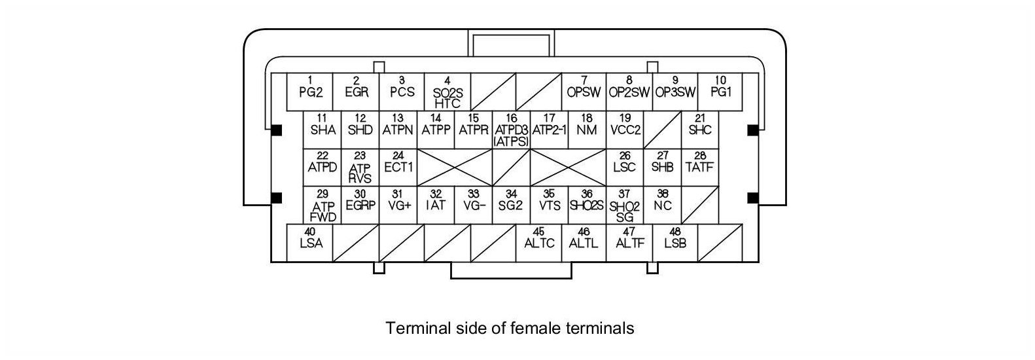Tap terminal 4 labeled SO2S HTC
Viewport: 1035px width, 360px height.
[x=447, y=92]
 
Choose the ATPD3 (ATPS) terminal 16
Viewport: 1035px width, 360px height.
[x=511, y=129]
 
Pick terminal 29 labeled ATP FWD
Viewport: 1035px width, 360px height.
[x=323, y=205]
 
